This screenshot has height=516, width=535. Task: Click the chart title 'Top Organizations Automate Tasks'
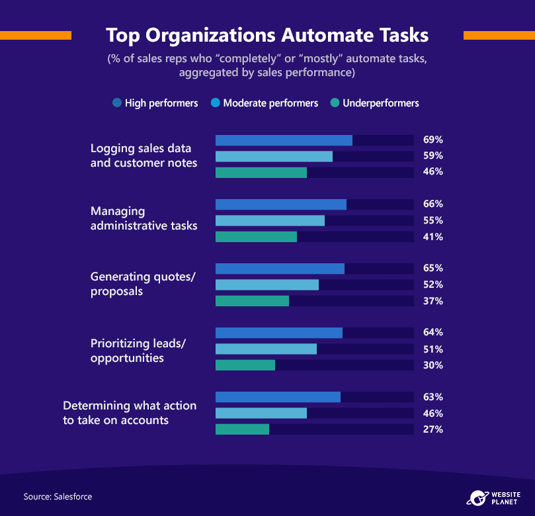[x=267, y=36]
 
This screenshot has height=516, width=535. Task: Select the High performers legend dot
[x=117, y=103]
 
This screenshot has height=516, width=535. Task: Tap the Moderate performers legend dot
[x=216, y=103]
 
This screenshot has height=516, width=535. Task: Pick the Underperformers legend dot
[x=335, y=103]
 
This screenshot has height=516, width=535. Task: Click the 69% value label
[x=433, y=140]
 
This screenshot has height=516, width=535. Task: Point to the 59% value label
[x=433, y=155]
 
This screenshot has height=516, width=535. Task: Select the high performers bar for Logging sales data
[x=284, y=140]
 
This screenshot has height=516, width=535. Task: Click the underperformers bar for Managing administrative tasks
[x=256, y=237]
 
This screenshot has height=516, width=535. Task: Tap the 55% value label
[x=433, y=220]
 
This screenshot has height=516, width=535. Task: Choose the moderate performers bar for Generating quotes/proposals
[x=267, y=285]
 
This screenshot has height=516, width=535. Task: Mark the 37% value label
[x=433, y=301]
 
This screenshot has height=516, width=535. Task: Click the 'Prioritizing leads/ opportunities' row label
[x=138, y=351]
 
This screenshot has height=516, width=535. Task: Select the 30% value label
[x=433, y=365]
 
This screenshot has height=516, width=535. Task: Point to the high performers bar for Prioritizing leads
[x=279, y=333]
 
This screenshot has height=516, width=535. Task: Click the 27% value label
[x=433, y=429]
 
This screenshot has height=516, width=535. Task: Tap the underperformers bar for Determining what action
[x=242, y=429]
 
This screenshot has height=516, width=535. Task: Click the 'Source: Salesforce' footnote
[x=58, y=497]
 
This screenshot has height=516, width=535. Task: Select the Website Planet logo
[x=493, y=498]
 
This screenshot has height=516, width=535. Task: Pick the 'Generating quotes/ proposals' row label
[x=143, y=284]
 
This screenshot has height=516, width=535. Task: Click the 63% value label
[x=433, y=397]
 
